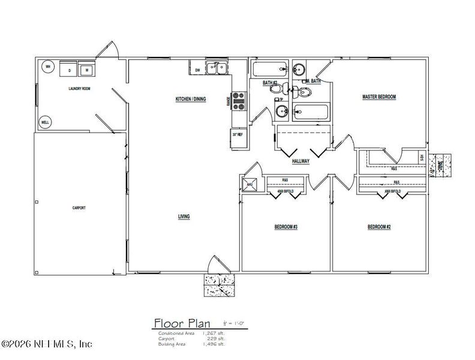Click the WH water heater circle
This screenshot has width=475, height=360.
pos(47,67)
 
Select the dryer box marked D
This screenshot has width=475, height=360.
pos(70,70)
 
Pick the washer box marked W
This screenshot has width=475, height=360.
pos(87,70)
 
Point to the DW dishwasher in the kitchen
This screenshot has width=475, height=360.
pos(197,70)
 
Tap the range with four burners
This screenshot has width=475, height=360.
pos(238,100)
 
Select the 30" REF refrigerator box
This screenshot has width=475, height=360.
pos(237,135)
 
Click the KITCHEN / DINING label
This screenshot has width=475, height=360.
pos(190,99)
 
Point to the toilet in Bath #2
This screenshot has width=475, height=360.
pos(276,89)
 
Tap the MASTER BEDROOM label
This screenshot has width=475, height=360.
pos(379,97)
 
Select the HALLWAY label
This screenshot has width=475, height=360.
pos(300,161)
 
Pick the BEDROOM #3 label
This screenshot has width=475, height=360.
pos(286,227)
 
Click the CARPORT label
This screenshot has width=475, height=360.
pos(78,208)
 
